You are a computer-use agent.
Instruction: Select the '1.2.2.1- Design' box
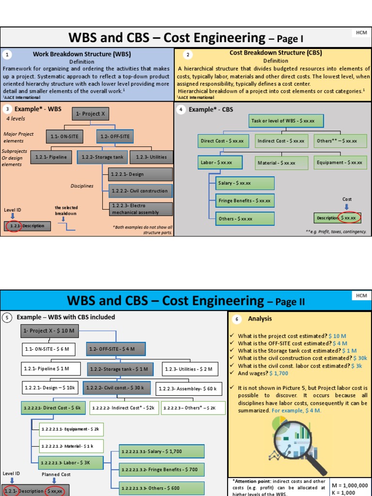point(140,174)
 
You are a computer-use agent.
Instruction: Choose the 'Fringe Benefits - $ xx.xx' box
point(245,201)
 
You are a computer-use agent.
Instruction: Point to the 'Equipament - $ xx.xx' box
point(339,163)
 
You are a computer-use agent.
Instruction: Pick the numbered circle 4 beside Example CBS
point(181,109)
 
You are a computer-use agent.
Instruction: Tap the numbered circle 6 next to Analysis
point(237,319)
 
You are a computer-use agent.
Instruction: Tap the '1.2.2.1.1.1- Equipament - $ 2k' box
point(71,429)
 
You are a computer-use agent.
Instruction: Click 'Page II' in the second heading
point(290,302)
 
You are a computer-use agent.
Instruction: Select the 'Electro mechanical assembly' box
point(140,209)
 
